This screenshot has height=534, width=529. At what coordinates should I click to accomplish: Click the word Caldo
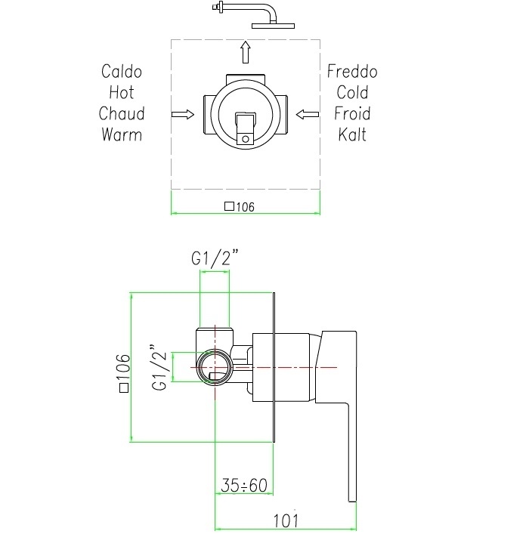121,72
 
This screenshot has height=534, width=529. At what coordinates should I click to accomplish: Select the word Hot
121,93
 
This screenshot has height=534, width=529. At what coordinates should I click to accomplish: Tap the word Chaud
121,114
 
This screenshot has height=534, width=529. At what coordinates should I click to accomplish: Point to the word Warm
121,135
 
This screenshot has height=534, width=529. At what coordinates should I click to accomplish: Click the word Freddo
352,72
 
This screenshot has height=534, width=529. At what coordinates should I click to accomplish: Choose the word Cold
352,93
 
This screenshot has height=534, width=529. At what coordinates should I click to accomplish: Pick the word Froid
352,114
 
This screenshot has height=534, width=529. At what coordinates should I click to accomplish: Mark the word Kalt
352,135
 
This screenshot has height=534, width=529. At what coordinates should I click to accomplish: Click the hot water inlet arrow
182,114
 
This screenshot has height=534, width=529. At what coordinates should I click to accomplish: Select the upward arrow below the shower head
245,53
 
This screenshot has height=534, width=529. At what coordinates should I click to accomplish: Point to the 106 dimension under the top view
240,207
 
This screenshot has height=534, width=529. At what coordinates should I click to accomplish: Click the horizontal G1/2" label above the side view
215,258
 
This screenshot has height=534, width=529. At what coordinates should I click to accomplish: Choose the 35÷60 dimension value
245,486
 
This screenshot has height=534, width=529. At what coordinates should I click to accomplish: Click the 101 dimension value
286,521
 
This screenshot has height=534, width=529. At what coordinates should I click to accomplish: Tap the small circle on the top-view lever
245,137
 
